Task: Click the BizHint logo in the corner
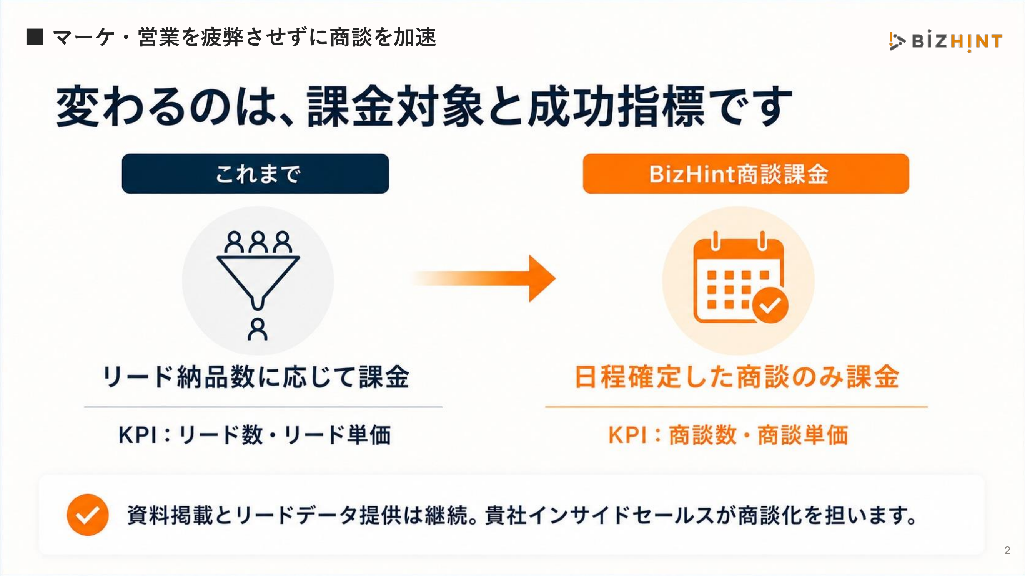[x=945, y=41]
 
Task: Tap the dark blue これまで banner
[x=255, y=174]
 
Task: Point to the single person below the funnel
[x=258, y=329]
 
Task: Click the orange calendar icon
[x=740, y=278]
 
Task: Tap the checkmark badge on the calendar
[x=770, y=305]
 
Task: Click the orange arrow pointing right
[x=483, y=278]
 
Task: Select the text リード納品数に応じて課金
[x=256, y=377]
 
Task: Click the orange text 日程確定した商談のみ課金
[x=737, y=377]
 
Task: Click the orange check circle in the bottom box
[x=88, y=515]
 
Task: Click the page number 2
[x=1007, y=550]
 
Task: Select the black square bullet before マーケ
[x=35, y=36]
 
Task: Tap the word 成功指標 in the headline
[x=617, y=106]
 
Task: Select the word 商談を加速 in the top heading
[x=383, y=37]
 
